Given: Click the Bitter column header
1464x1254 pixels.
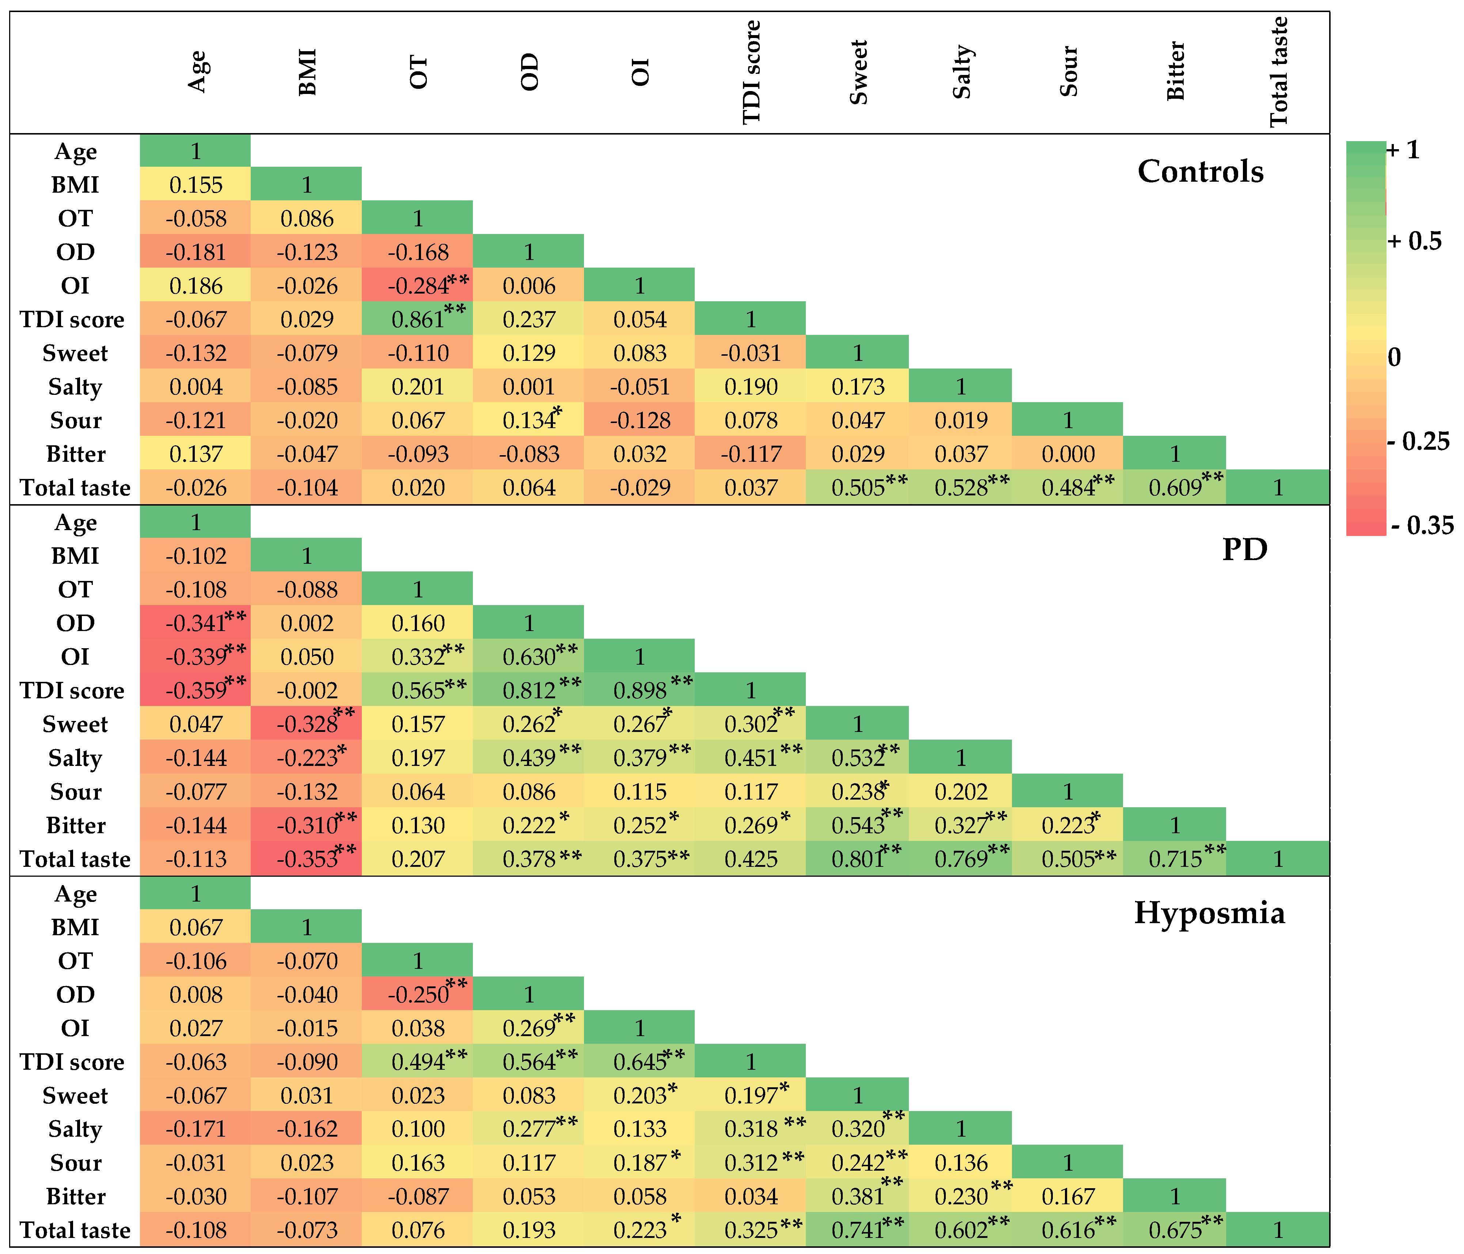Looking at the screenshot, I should (1174, 71).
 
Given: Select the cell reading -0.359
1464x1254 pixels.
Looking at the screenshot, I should (196, 690).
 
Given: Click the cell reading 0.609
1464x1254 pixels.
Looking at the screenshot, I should (1174, 487).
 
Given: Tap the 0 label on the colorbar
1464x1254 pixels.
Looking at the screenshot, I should (1394, 357).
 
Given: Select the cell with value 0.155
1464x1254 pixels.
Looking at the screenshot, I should (196, 185).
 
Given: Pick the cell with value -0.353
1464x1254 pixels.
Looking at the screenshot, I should (307, 859).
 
